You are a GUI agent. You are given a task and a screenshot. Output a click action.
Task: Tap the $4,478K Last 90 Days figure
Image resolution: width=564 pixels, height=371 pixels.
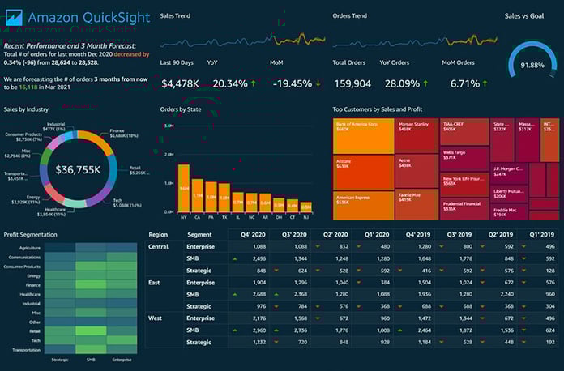click(181, 83)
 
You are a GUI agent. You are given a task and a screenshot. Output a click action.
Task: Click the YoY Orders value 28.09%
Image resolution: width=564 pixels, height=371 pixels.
click(404, 83)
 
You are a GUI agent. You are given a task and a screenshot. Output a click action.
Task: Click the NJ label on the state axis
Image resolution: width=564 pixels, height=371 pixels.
click(305, 218)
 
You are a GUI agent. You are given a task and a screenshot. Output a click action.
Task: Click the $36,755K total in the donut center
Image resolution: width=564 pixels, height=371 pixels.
click(78, 169)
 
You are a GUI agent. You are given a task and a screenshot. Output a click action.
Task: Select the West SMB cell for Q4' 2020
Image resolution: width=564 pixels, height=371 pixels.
click(253, 330)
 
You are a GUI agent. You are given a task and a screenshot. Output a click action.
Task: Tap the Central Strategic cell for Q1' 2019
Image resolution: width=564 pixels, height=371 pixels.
click(539, 270)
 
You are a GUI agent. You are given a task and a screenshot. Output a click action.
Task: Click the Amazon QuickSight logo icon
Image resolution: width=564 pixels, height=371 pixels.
click(14, 16)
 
